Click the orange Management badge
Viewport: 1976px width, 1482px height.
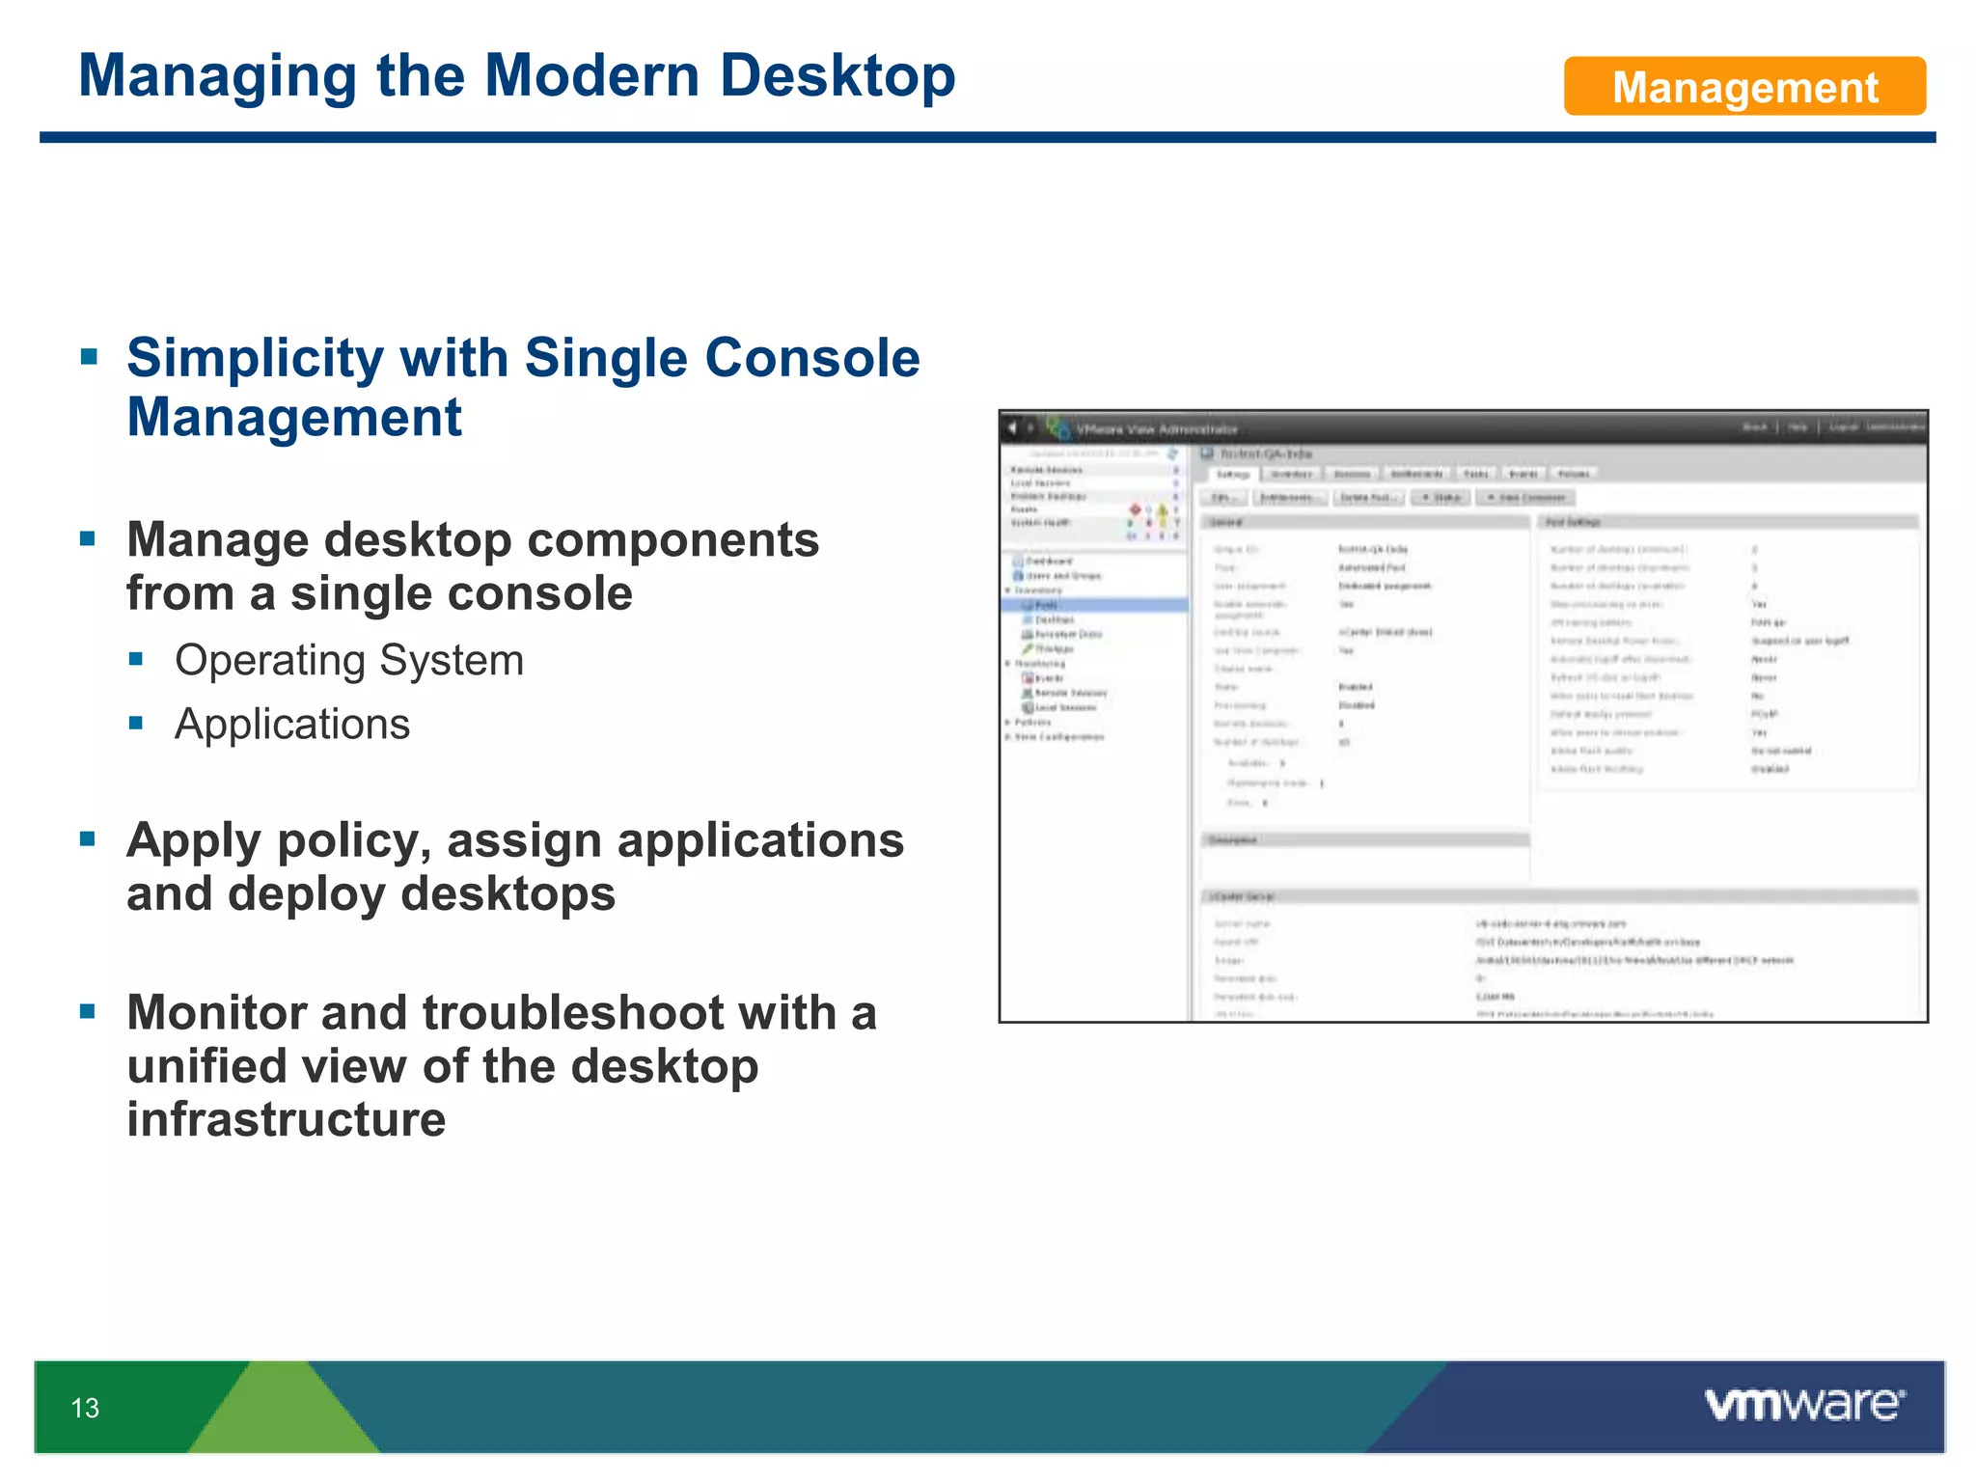tap(1743, 87)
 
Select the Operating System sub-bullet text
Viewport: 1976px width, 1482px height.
tap(348, 661)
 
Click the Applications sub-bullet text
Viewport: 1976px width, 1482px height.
tap(291, 725)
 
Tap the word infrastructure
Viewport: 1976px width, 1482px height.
tap(286, 1119)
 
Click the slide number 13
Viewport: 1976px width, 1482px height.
tap(85, 1408)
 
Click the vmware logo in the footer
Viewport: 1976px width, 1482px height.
tap(1803, 1404)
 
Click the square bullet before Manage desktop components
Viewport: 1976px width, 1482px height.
tap(89, 538)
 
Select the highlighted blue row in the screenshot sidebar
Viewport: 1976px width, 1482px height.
tap(1094, 605)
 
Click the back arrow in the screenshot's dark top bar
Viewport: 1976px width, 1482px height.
tap(1012, 426)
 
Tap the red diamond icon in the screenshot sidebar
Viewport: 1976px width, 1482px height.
tap(1136, 508)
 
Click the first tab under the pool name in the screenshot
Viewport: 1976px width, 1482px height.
tap(1232, 474)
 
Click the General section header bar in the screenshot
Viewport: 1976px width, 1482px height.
tap(1364, 522)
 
